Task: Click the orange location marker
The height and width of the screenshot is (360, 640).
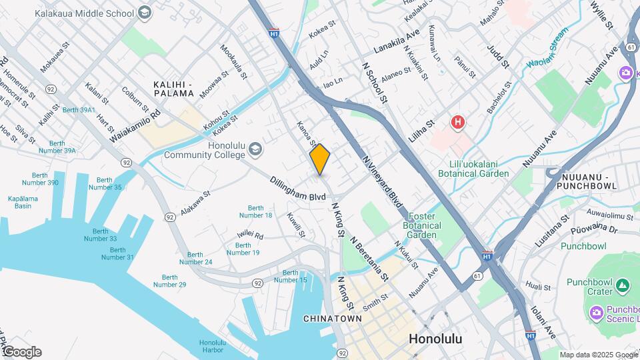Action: (320, 159)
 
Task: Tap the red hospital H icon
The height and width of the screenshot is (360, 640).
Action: (457, 122)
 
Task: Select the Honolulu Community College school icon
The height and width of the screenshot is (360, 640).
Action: (254, 150)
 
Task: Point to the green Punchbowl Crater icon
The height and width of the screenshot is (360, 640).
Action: (623, 286)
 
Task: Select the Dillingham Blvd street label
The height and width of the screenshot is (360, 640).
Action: (298, 189)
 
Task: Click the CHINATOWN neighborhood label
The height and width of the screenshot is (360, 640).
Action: (333, 319)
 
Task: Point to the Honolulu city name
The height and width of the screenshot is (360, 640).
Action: (435, 338)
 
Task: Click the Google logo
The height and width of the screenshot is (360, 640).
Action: (21, 351)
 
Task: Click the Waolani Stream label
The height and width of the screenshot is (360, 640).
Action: (547, 47)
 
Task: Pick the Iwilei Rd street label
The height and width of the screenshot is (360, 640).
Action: (250, 236)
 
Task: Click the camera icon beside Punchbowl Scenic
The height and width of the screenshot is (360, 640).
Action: (596, 312)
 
